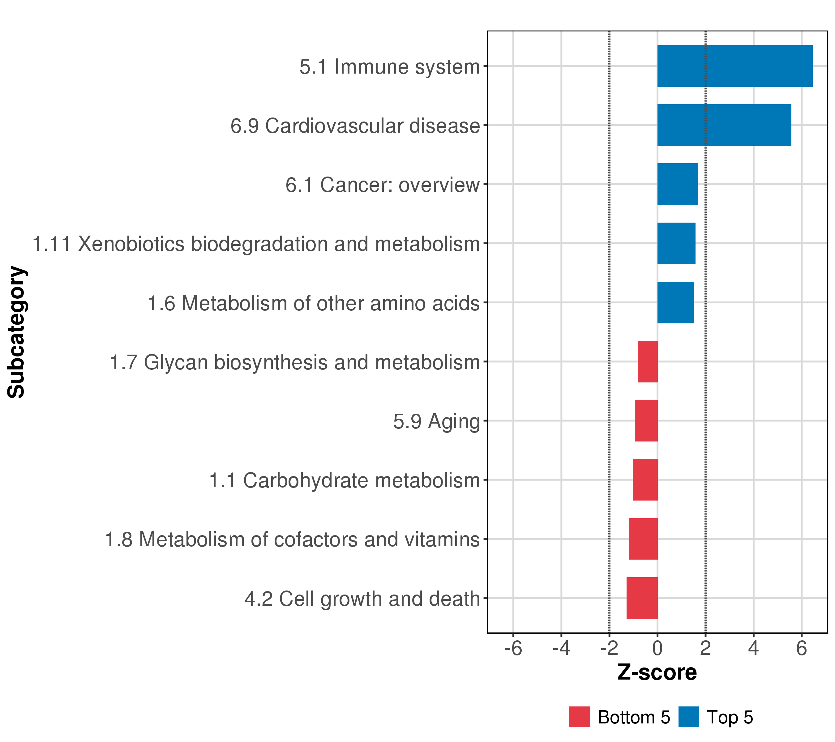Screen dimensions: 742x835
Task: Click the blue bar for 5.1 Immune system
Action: pyautogui.click(x=734, y=66)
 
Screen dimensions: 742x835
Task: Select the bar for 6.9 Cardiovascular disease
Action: pyautogui.click(x=724, y=125)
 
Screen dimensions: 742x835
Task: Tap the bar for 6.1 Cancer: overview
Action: pyautogui.click(x=677, y=184)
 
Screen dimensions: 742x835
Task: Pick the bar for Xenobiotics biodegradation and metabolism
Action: pyautogui.click(x=676, y=243)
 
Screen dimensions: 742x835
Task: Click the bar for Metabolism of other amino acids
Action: pyautogui.click(x=675, y=303)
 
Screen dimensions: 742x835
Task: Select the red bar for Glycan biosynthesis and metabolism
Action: pyautogui.click(x=648, y=361)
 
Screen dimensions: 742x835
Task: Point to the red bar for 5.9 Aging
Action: pyautogui.click(x=646, y=420)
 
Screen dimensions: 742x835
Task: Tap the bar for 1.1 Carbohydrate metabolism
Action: pyautogui.click(x=645, y=480)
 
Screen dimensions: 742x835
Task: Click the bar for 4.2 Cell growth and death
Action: pyautogui.click(x=642, y=598)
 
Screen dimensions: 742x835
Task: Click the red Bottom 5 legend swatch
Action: pyautogui.click(x=579, y=717)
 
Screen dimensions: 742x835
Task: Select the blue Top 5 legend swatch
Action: pyautogui.click(x=689, y=717)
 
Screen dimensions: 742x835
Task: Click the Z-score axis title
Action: pyautogui.click(x=657, y=672)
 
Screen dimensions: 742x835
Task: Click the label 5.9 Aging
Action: pyautogui.click(x=436, y=421)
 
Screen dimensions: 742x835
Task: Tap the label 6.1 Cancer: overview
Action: pyautogui.click(x=382, y=185)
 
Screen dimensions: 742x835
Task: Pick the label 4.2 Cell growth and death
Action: pyautogui.click(x=362, y=599)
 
